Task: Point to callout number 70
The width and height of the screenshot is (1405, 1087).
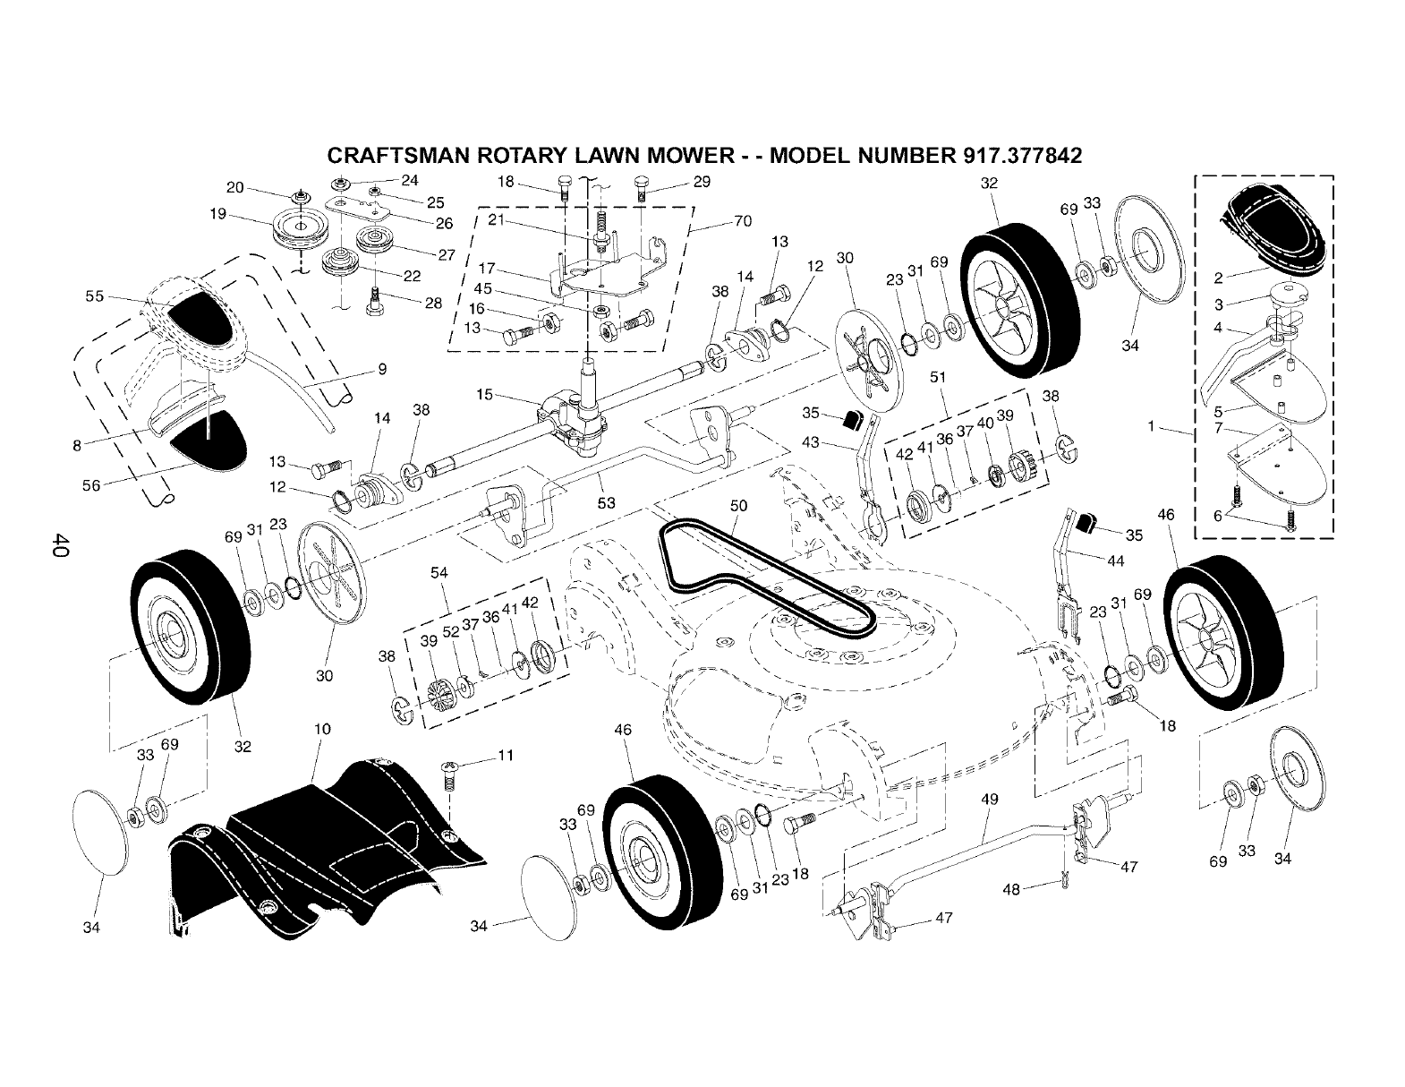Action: [x=742, y=221]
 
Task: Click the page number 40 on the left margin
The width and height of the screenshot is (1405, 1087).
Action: [x=60, y=544]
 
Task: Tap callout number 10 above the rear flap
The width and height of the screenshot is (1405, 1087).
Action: [x=323, y=730]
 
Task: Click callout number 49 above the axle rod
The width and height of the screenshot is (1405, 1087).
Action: [x=989, y=799]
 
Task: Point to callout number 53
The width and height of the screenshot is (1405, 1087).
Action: [x=606, y=503]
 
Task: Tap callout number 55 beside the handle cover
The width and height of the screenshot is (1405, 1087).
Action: [x=94, y=295]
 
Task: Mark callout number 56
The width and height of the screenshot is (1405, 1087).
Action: [x=91, y=484]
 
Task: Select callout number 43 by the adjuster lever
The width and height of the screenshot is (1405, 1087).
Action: [x=811, y=441]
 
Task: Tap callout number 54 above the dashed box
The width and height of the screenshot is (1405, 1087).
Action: [x=439, y=572]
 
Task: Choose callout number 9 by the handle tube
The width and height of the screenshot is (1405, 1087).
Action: [x=382, y=368]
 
